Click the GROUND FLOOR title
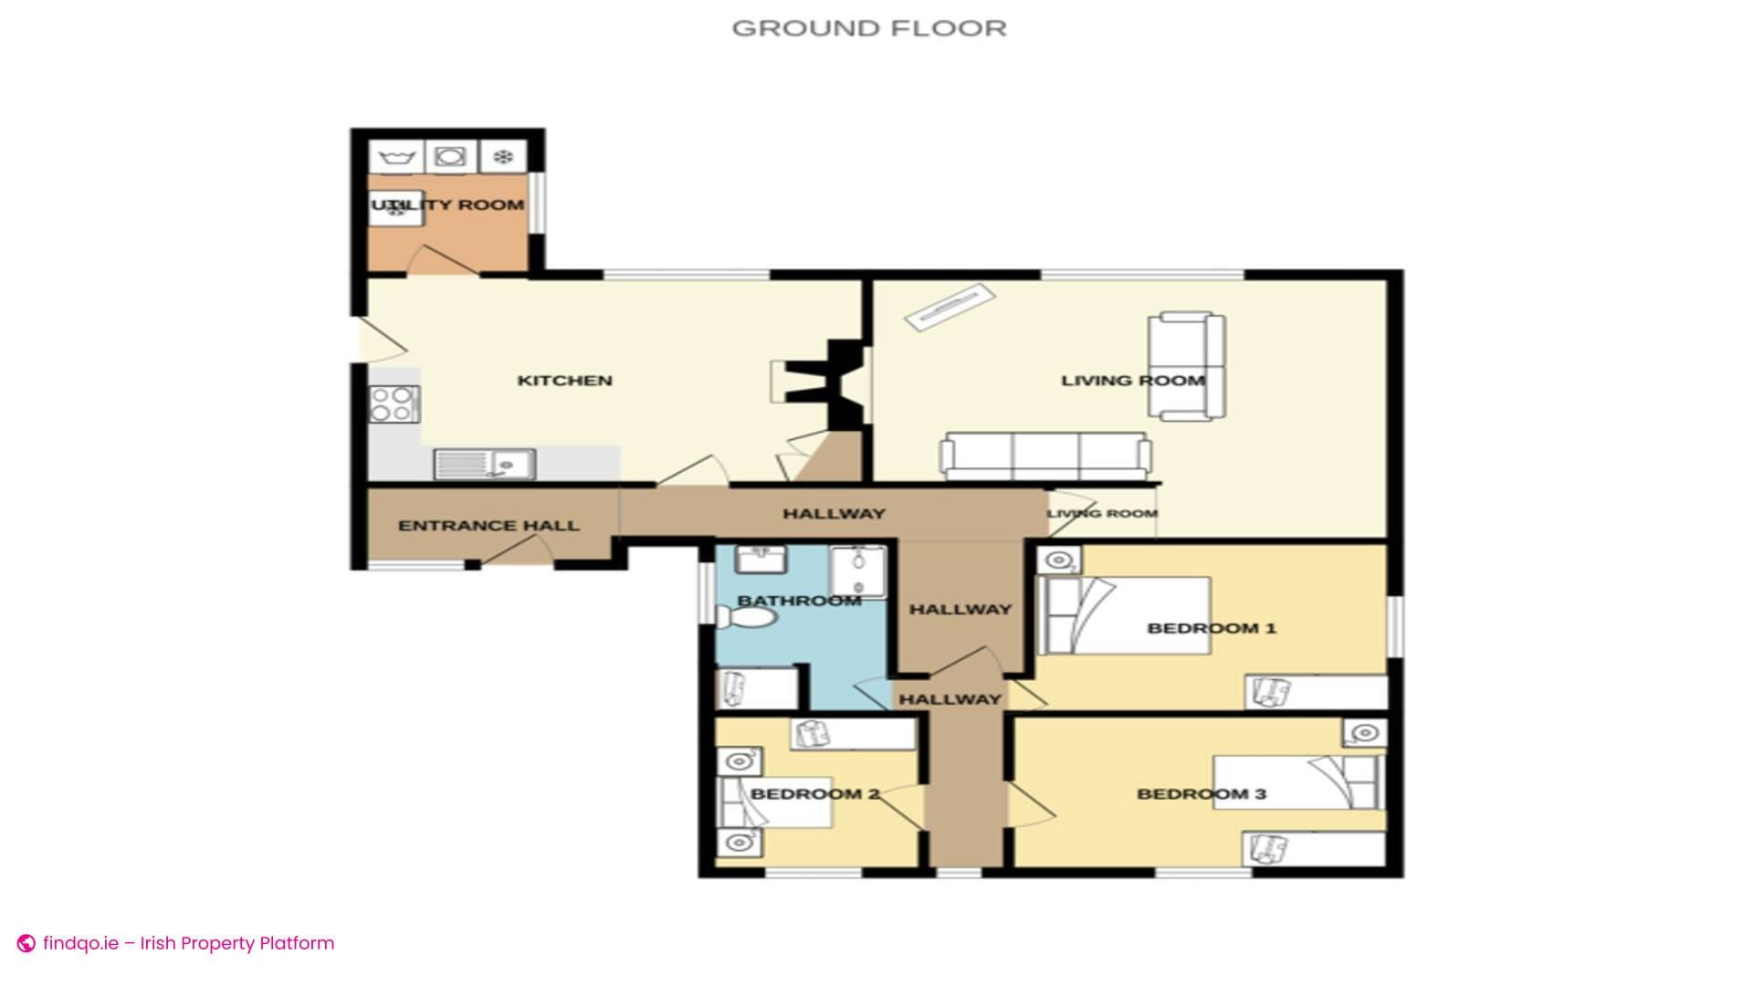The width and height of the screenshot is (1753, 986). tap(868, 28)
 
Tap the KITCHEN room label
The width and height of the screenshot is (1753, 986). tap(564, 381)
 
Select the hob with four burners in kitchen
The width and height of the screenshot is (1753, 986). tap(394, 404)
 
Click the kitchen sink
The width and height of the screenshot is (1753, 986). tap(485, 465)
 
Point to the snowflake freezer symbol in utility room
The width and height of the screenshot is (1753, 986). tap(503, 157)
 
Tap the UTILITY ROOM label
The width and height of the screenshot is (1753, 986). tap(447, 205)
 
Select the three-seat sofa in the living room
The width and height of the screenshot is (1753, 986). tap(1045, 456)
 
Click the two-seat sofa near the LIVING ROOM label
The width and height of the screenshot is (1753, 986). tap(1186, 366)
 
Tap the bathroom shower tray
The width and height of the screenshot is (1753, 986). tap(857, 572)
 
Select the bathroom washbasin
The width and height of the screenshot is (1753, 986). tap(761, 559)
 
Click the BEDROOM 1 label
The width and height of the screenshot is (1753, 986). tap(1211, 628)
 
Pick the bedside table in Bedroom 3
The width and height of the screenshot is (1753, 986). tap(1364, 733)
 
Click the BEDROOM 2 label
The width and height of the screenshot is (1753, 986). tap(814, 794)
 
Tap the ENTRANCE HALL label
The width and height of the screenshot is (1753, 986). tap(488, 526)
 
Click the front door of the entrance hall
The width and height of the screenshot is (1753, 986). tap(517, 552)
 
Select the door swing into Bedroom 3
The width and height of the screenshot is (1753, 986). tap(1030, 804)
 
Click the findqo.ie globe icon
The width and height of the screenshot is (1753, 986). tap(26, 943)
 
